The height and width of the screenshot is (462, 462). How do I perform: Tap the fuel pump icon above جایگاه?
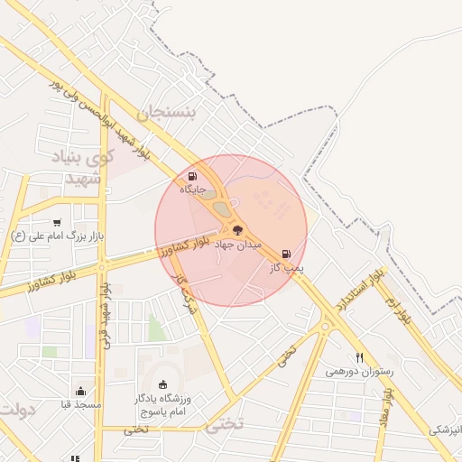click(191, 176)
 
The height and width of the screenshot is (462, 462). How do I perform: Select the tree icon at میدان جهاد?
click(237, 231)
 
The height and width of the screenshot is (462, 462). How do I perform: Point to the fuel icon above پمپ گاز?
click(287, 254)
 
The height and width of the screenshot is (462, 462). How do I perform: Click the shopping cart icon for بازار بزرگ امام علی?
click(58, 222)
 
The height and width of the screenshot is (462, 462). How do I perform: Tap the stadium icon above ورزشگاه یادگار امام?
click(162, 384)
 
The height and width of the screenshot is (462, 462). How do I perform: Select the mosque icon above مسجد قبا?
click(81, 392)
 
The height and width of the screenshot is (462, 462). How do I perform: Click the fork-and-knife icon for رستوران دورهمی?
click(359, 357)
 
